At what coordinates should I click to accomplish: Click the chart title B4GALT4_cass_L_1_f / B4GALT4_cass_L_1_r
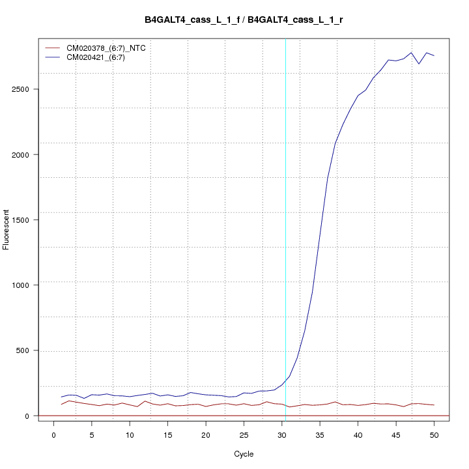(x=244, y=20)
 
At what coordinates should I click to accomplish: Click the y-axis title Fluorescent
(x=7, y=229)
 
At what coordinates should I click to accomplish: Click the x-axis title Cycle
(x=244, y=454)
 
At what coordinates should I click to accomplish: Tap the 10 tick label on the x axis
(x=130, y=434)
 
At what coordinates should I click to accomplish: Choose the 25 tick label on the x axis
(x=244, y=434)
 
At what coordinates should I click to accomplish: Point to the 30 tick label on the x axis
(x=282, y=434)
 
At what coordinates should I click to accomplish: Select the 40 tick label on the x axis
(x=358, y=434)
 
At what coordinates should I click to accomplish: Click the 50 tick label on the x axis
(x=434, y=434)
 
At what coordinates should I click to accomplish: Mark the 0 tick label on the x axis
(x=53, y=434)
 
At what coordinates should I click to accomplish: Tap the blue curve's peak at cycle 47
(x=411, y=53)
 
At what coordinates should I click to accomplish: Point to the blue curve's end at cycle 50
(x=434, y=56)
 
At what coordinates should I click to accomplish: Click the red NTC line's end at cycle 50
(x=434, y=405)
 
